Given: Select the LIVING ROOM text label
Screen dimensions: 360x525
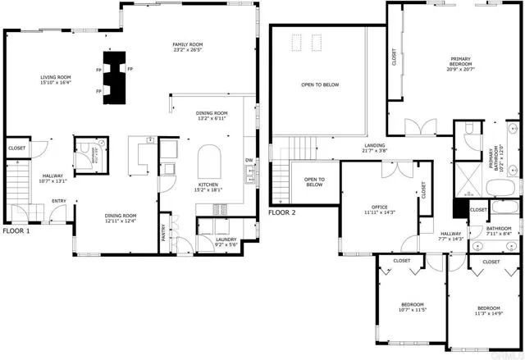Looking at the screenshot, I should [57, 78].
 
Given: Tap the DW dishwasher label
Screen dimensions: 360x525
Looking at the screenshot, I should [248, 160].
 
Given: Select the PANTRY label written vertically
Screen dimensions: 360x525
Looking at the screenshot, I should [164, 235].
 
